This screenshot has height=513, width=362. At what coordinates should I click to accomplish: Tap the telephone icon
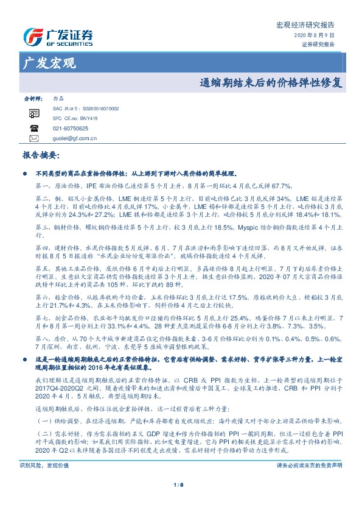tap(34, 128)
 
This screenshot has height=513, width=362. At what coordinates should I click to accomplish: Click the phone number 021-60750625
tap(71, 128)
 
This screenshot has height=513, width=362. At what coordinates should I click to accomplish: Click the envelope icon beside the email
tap(34, 138)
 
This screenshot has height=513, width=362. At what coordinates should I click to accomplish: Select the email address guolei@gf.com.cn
tap(75, 138)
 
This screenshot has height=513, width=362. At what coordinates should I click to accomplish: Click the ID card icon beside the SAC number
tap(34, 113)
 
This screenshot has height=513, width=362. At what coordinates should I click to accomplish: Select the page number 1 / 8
tap(179, 501)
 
